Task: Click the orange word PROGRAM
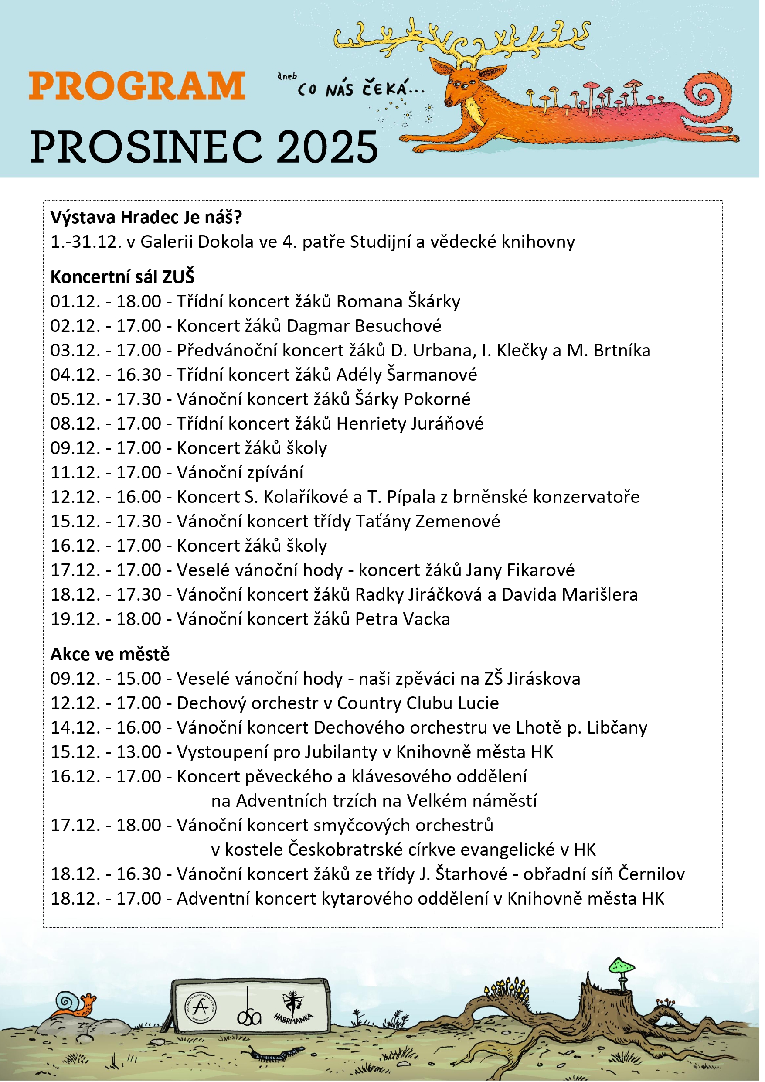pos(137,86)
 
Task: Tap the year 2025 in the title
pos(327,147)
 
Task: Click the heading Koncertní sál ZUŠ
pos(122,277)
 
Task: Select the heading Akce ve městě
pos(110,655)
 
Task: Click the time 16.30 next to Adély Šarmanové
pos(139,375)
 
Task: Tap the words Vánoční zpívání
pos(240,473)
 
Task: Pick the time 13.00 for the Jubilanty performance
pos(139,752)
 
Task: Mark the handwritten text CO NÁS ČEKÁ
pos(360,89)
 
